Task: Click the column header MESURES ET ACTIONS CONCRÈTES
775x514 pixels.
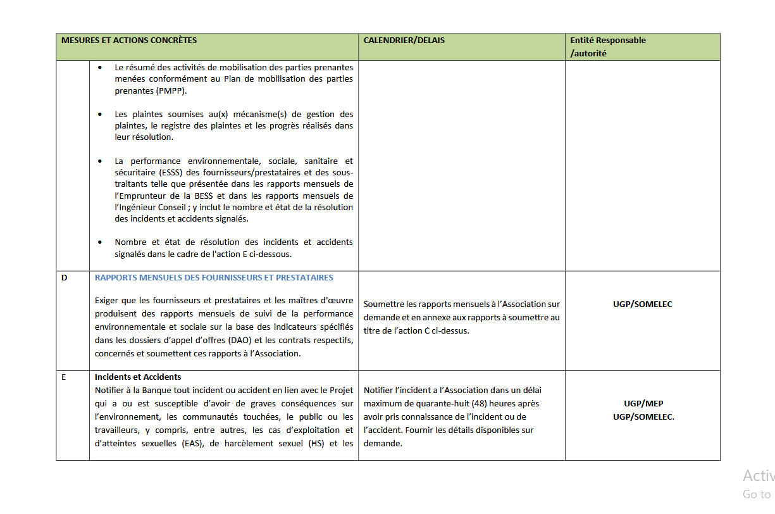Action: [129, 41]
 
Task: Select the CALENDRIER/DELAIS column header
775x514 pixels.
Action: [404, 41]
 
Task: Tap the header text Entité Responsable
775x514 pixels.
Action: [608, 41]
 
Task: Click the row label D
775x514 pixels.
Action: [65, 278]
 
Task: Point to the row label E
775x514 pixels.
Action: [64, 377]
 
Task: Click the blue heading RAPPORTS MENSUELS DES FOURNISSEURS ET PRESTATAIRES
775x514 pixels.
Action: [214, 278]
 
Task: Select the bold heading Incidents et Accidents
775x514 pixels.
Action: [138, 377]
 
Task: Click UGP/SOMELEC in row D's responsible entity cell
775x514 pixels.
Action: [642, 304]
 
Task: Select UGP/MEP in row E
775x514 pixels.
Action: [643, 404]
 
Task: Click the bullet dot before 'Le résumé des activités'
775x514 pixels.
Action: [100, 67]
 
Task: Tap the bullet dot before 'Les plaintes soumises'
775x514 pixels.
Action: [100, 115]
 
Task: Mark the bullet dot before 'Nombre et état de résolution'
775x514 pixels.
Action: [100, 242]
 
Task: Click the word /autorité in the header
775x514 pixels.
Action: [588, 54]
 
